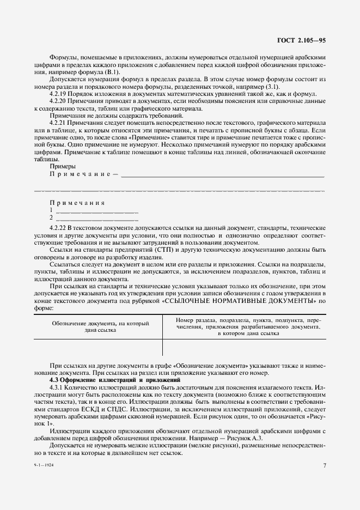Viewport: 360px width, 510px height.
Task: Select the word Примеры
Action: [63, 166]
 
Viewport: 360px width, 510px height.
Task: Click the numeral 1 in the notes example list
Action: [51, 209]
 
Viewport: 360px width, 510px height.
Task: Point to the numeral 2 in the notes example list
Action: [51, 217]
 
